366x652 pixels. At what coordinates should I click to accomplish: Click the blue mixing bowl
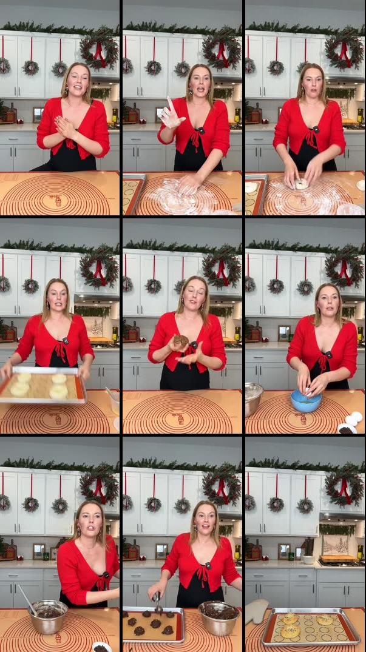(305, 400)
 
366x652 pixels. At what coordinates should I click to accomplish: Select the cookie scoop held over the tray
(158, 602)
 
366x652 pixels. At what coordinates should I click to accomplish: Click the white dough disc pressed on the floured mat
(300, 183)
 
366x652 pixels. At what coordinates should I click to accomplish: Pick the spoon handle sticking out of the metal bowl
(25, 597)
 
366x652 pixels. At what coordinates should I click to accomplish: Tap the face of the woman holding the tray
(56, 298)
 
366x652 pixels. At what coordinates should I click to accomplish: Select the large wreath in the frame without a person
(345, 485)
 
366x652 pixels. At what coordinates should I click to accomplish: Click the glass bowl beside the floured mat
(351, 210)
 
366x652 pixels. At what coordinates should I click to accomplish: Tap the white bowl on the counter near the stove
(308, 559)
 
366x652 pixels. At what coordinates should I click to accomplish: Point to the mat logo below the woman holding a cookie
(181, 419)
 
